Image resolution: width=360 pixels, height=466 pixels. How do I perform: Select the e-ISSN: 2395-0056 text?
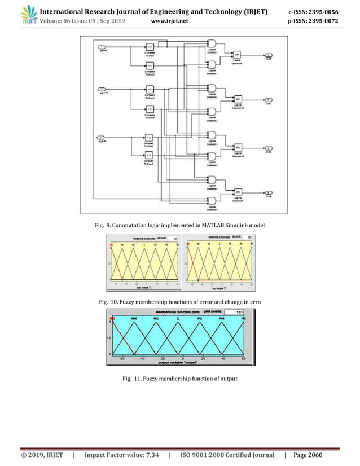pos(313,11)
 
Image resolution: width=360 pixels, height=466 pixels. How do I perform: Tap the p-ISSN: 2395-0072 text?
pos(313,21)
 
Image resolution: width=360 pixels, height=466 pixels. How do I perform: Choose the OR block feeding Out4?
pos(238,192)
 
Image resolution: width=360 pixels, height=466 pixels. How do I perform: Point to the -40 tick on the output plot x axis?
pos(142,358)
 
